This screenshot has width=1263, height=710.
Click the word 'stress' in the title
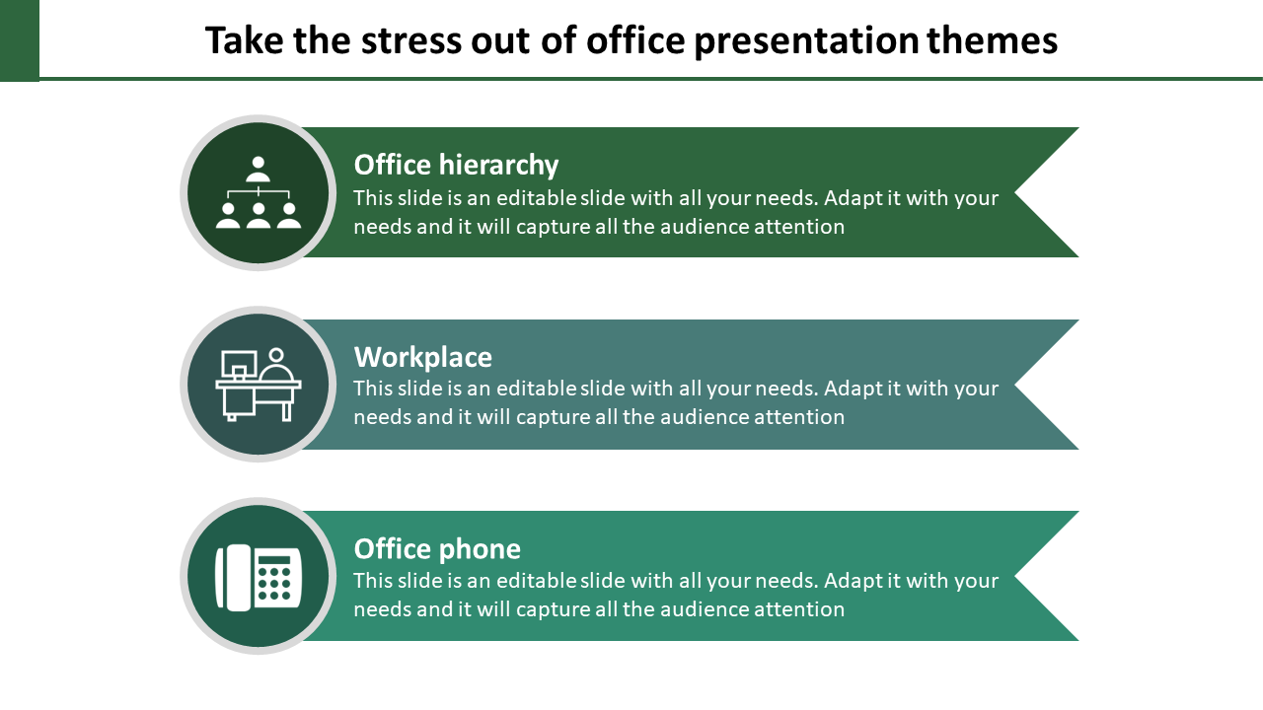[x=411, y=41]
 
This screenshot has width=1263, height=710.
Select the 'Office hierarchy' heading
[x=456, y=165]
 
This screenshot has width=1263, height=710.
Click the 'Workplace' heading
[x=423, y=357]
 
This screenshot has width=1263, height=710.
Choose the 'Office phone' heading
[x=437, y=549]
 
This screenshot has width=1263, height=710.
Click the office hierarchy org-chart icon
[x=259, y=192]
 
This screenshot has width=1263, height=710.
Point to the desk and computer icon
[x=259, y=385]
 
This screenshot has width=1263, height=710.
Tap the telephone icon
[x=259, y=577]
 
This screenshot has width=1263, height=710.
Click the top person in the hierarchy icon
[x=259, y=169]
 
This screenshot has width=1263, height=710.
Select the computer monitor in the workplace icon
[x=239, y=365]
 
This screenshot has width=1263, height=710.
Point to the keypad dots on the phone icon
[x=273, y=583]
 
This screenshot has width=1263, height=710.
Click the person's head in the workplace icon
[x=276, y=356]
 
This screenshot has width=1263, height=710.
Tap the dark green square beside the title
[x=20, y=40]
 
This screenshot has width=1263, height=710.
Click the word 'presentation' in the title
[x=807, y=42]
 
